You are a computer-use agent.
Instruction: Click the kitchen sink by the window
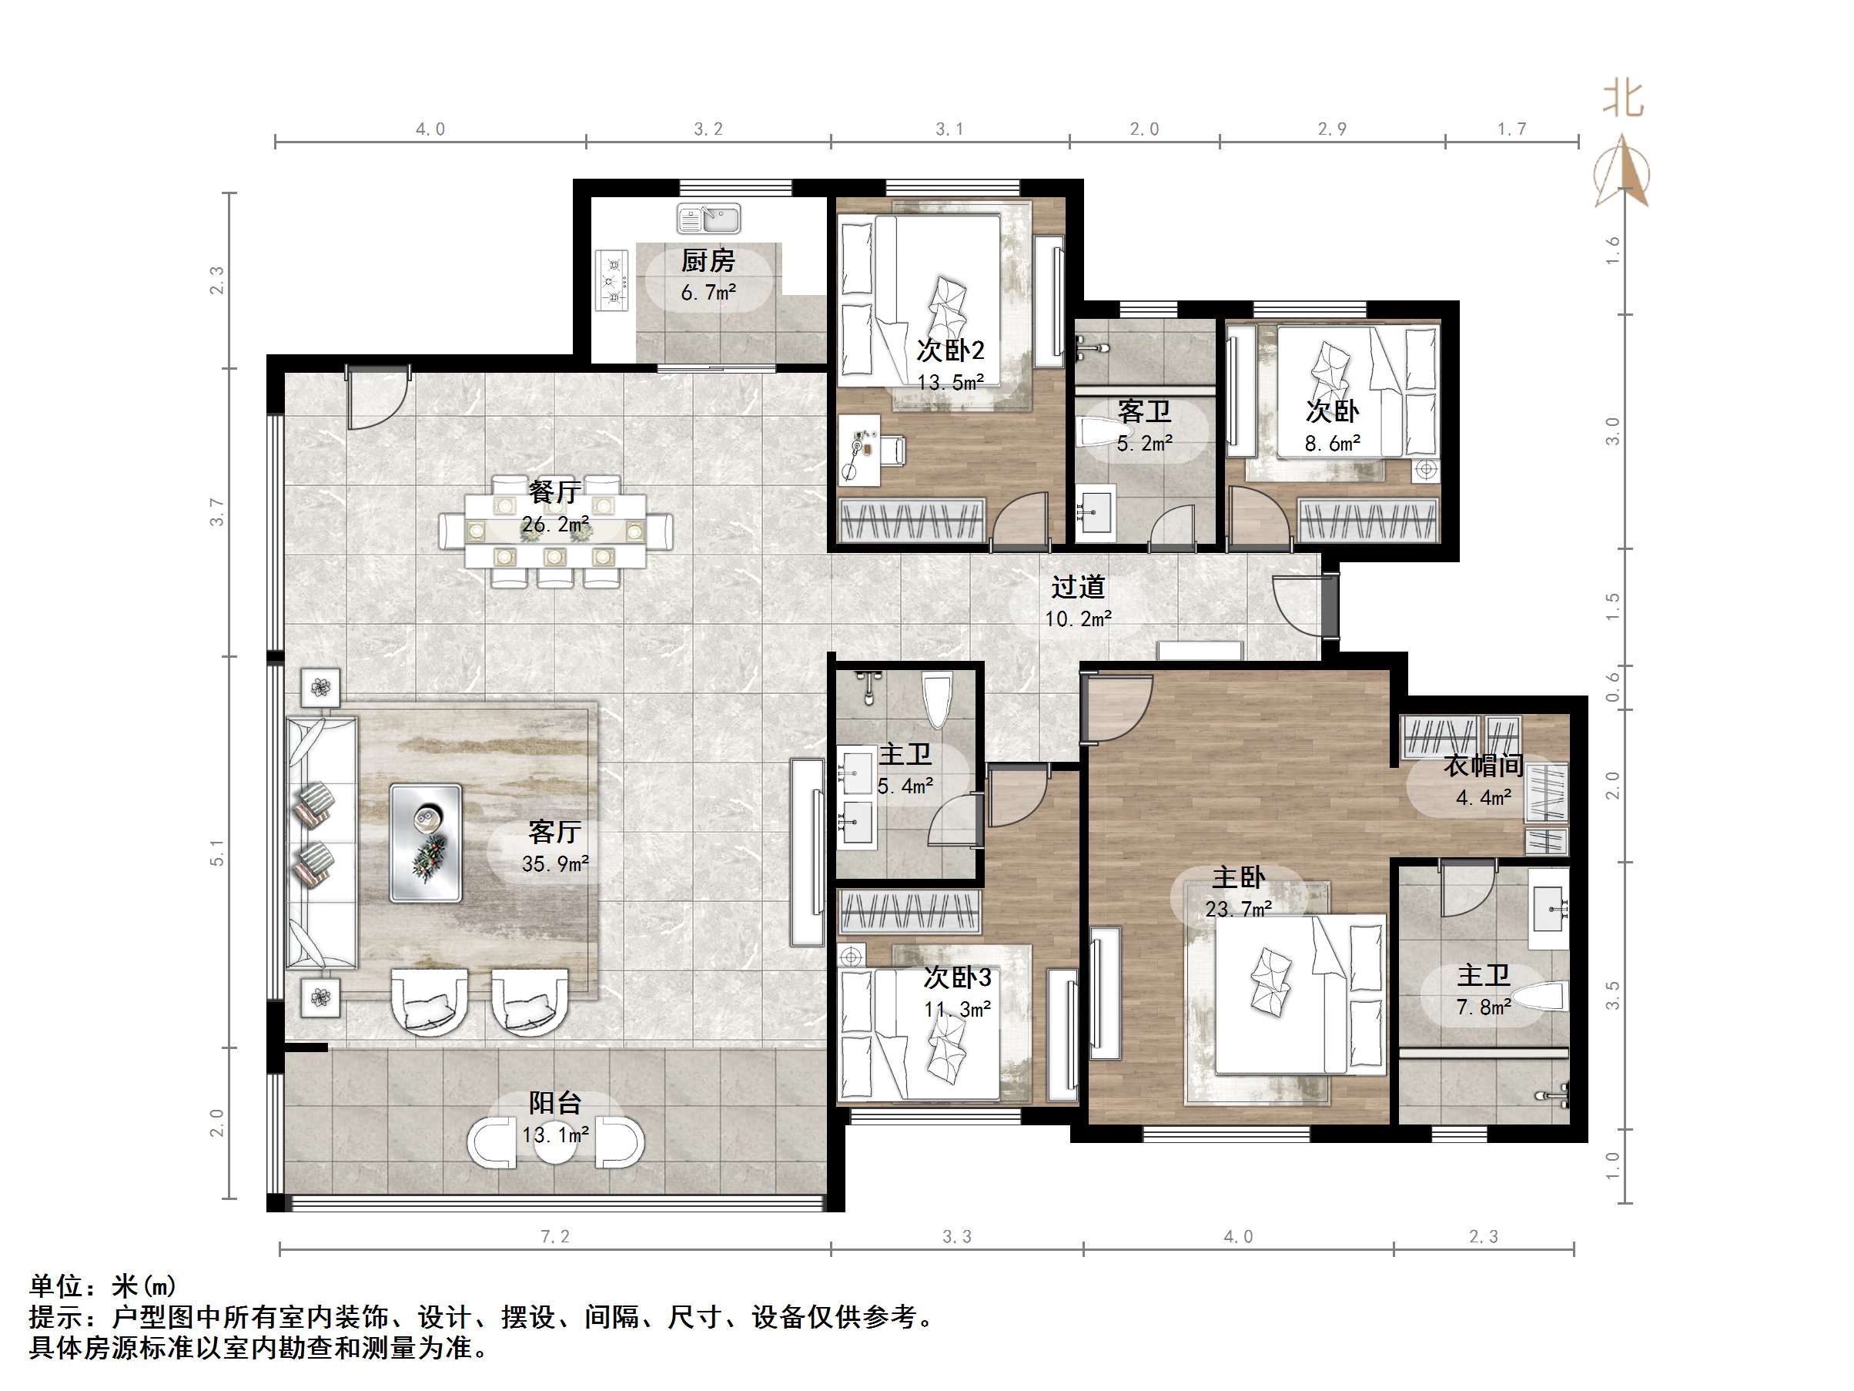[x=708, y=220]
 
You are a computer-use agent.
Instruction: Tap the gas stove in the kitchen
[x=612, y=281]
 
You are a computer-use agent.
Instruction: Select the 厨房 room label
[x=708, y=261]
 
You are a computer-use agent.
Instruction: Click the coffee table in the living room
[x=426, y=843]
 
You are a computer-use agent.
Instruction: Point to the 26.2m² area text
[x=555, y=525]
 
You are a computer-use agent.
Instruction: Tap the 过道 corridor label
[x=1078, y=587]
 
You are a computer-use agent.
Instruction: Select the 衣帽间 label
[x=1483, y=766]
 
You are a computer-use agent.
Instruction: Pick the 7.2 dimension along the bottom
[x=555, y=1237]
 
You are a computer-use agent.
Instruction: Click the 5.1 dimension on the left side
[x=217, y=852]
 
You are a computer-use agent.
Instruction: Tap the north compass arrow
[x=1623, y=171]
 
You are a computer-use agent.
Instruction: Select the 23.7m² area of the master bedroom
[x=1238, y=909]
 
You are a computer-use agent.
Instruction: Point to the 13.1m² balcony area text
[x=555, y=1135]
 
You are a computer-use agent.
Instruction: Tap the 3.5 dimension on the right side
[x=1611, y=995]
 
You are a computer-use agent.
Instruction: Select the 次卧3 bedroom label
[x=957, y=977]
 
